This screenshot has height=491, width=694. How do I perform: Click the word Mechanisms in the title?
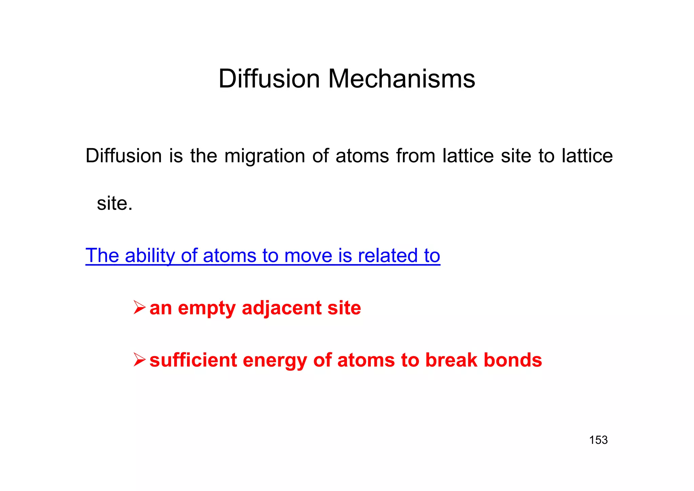click(x=402, y=79)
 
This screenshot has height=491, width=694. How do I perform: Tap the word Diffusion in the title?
click(x=269, y=79)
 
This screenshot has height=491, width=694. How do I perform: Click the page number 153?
click(x=598, y=440)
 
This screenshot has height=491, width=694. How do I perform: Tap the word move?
click(x=308, y=256)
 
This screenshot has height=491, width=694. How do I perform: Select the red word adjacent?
click(x=282, y=308)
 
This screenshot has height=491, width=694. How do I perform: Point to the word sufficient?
click(x=193, y=360)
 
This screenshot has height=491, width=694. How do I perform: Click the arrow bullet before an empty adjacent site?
click(x=139, y=308)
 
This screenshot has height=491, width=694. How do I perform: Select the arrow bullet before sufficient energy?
click(x=139, y=360)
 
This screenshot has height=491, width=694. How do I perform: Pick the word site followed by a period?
click(x=115, y=203)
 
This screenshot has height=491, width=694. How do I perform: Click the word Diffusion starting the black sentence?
click(x=124, y=156)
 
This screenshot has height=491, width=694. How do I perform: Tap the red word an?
click(x=161, y=308)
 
